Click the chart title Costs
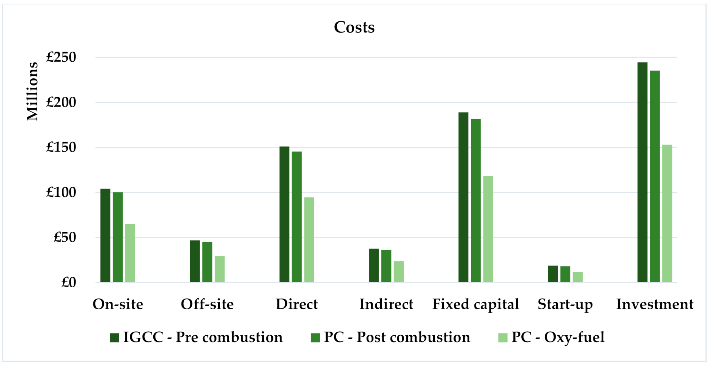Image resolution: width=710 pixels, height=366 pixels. (354, 27)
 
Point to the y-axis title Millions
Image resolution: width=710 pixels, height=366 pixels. (32, 91)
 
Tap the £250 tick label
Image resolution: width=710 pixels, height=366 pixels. (61, 57)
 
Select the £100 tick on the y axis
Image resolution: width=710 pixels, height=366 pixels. (61, 192)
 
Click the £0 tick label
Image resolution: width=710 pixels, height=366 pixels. (69, 282)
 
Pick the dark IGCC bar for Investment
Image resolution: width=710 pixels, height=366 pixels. (642, 172)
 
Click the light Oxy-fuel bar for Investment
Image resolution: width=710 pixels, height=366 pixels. (667, 213)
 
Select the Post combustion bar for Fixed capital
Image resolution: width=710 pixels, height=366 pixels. (475, 200)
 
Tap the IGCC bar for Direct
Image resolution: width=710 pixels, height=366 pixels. (284, 214)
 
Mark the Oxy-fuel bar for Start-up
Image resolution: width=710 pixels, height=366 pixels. (578, 277)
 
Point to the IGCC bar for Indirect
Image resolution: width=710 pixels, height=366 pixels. (374, 265)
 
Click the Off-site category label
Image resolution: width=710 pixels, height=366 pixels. (207, 304)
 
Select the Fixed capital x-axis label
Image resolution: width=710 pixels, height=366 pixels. (475, 304)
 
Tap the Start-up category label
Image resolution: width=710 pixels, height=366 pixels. (565, 304)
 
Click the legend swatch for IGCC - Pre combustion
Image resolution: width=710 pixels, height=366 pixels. (114, 337)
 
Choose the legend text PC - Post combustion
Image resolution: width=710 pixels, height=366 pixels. (397, 337)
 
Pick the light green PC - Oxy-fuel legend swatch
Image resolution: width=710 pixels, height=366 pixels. (503, 337)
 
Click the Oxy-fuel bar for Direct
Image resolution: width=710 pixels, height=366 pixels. (309, 240)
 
